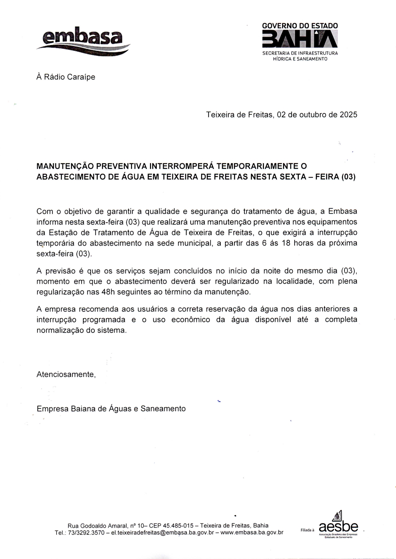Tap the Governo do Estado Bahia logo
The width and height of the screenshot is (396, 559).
pyautogui.click(x=300, y=41)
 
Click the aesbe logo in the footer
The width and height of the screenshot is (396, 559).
pyautogui.click(x=338, y=527)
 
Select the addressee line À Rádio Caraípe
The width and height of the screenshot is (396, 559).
pyautogui.click(x=66, y=77)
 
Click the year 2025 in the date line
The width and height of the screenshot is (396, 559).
pyautogui.click(x=348, y=115)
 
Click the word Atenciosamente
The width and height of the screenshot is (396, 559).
pyautogui.click(x=66, y=374)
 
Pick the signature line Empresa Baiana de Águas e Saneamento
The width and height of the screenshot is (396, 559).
pyautogui.click(x=111, y=409)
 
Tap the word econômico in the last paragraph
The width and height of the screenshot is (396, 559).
pyautogui.click(x=191, y=320)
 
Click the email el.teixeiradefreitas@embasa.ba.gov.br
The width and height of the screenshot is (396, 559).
pyautogui.click(x=162, y=532)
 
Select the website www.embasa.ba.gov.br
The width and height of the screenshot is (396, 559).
pyautogui.click(x=252, y=532)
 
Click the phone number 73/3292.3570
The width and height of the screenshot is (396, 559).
pyautogui.click(x=86, y=532)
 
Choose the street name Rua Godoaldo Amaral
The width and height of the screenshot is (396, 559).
pyautogui.click(x=97, y=525)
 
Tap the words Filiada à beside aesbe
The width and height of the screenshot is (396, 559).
pyautogui.click(x=307, y=530)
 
